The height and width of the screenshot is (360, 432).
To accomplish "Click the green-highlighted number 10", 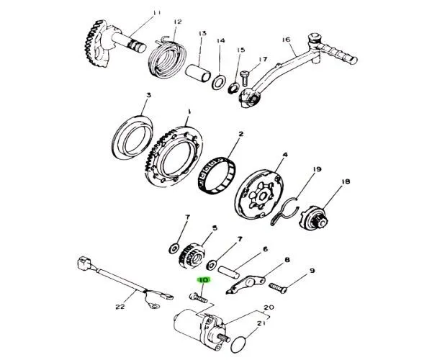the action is click(x=204, y=280).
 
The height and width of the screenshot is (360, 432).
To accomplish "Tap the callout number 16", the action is click(x=287, y=40).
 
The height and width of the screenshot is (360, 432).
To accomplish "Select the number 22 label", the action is click(x=120, y=307).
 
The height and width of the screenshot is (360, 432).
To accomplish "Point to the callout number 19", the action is click(x=317, y=169).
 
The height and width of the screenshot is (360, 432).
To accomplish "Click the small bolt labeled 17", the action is click(x=245, y=78).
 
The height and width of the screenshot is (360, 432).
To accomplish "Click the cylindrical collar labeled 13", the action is click(x=198, y=73).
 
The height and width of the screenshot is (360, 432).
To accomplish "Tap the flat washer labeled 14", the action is click(x=220, y=82).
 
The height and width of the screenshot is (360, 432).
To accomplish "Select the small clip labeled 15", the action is click(x=233, y=89).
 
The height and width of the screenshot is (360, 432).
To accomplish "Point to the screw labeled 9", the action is click(x=278, y=288).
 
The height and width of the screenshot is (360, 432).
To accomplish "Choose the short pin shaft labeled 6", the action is click(x=229, y=272).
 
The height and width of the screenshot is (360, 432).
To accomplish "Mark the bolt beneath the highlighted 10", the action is click(x=199, y=298).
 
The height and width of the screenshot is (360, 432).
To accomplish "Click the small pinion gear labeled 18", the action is click(x=313, y=217).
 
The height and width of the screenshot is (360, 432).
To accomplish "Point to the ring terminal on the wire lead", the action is click(x=154, y=306).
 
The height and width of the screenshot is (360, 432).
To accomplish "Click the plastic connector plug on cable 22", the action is click(x=83, y=263).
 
